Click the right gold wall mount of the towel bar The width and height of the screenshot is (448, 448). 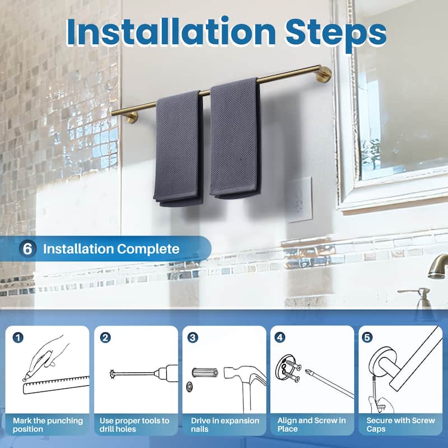point(323,74)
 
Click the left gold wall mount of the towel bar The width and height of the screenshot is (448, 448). point(131,116)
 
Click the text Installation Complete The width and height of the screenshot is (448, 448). point(111,249)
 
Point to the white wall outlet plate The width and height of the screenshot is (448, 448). point(300,199)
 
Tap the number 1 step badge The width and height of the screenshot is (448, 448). point(19,338)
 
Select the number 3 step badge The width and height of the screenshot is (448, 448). point(193,338)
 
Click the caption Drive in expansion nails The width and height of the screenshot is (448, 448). point(224,424)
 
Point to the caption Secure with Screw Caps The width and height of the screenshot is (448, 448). point(400,424)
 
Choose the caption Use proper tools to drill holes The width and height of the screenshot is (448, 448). point(135,424)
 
